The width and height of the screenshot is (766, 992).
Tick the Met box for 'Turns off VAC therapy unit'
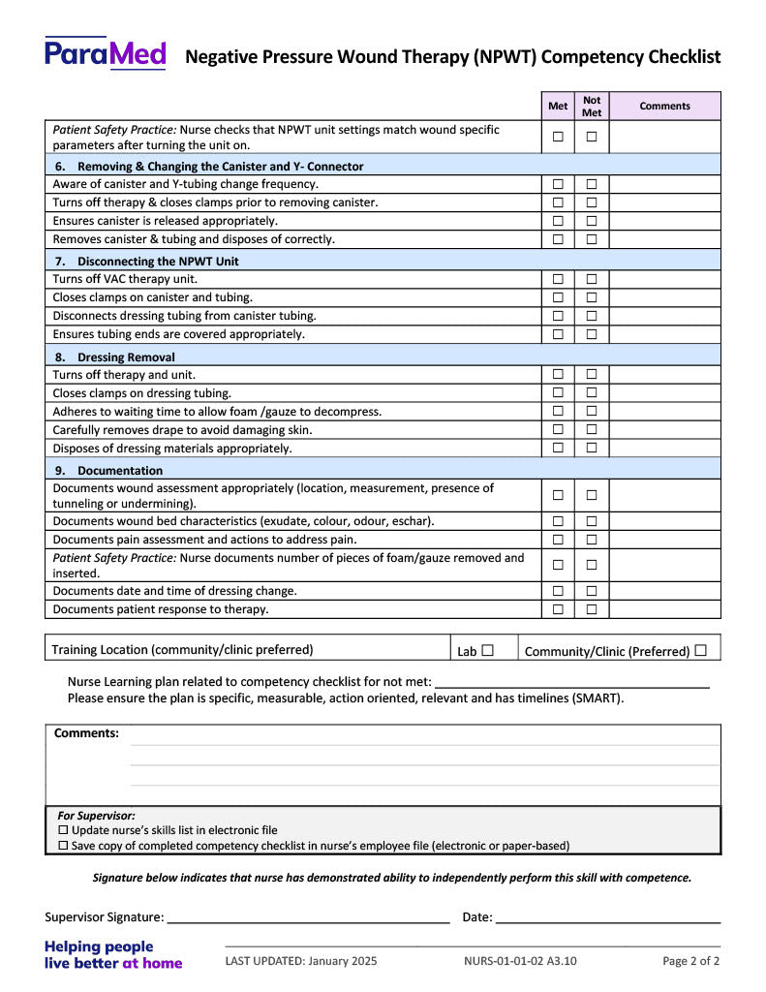point(558,279)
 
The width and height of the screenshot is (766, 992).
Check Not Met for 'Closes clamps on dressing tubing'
point(592,393)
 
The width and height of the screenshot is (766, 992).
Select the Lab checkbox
point(487,651)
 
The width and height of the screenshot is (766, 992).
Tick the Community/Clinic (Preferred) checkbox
point(700,651)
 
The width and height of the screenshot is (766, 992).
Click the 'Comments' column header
point(664,106)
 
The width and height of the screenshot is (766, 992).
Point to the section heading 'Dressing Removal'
point(126,356)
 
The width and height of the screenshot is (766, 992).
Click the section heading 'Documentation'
point(120,471)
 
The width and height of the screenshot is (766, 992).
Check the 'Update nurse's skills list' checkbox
point(64,830)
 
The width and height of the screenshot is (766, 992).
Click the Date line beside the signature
point(608,916)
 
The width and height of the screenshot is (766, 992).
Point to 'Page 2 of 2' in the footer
point(690,962)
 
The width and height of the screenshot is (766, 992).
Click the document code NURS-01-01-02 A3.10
point(520,962)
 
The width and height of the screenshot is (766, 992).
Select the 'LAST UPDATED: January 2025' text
point(301,962)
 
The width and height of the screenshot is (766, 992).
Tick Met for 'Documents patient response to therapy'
point(558,609)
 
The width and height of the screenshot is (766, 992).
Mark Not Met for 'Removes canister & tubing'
point(592,239)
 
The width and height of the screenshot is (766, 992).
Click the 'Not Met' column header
point(592,106)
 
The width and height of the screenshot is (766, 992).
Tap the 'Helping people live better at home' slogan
point(113,955)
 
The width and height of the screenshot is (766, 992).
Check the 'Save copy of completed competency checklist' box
point(64,846)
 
